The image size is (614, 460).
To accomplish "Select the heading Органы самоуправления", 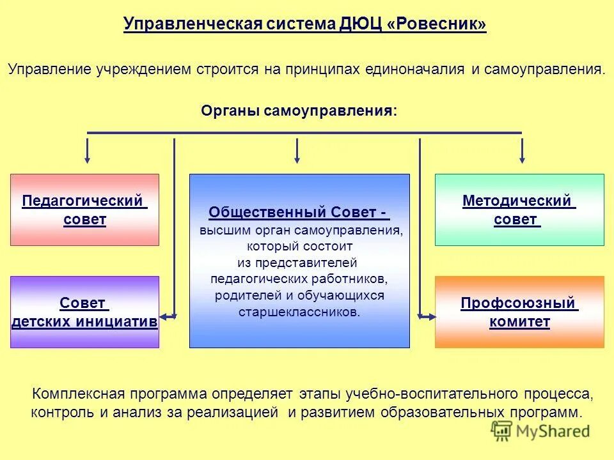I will (299, 111).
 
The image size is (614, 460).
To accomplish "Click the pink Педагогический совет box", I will (84, 210).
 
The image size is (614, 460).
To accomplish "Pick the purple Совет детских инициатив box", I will (84, 312).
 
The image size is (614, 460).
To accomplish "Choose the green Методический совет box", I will (519, 210).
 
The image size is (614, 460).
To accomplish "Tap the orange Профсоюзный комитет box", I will (519, 312).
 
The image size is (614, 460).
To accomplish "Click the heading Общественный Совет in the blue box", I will (298, 213).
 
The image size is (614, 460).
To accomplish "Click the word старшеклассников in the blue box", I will (299, 312).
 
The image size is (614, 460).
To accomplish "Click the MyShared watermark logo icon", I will (501, 431).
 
